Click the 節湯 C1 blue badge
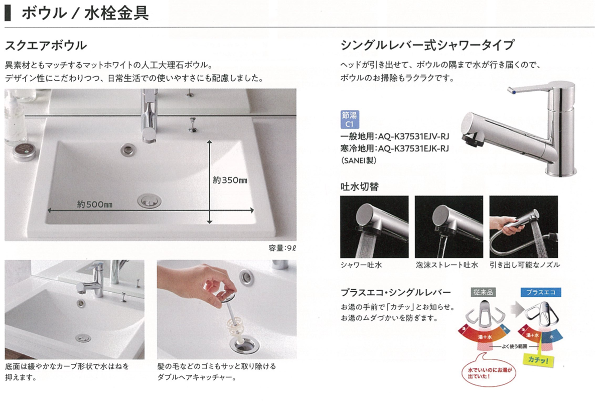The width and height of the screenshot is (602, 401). tap(350, 119)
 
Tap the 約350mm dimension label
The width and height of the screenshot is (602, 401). tap(230, 180)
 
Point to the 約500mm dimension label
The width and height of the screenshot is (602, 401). tap(95, 205)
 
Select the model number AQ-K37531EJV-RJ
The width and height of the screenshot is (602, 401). tap(413, 136)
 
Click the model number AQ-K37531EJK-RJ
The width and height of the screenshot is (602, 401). tap(413, 148)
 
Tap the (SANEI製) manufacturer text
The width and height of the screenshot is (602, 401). tap(359, 160)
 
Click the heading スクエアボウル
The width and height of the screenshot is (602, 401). tap(46, 46)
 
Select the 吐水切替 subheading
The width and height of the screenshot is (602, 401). tap(360, 186)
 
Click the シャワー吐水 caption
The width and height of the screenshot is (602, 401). tap(362, 265)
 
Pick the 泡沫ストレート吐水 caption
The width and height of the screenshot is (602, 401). tap(447, 265)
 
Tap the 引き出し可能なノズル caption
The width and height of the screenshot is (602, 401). tap(525, 265)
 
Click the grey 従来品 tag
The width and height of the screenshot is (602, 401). tap(483, 292)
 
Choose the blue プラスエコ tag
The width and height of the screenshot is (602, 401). tap(541, 292)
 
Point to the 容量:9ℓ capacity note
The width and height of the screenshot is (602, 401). tap(282, 248)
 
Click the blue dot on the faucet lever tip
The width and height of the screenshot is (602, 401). tap(514, 92)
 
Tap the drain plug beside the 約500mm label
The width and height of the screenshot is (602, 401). tap(149, 201)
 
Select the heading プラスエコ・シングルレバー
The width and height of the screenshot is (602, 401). tap(396, 292)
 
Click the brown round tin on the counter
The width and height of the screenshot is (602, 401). tap(24, 152)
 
